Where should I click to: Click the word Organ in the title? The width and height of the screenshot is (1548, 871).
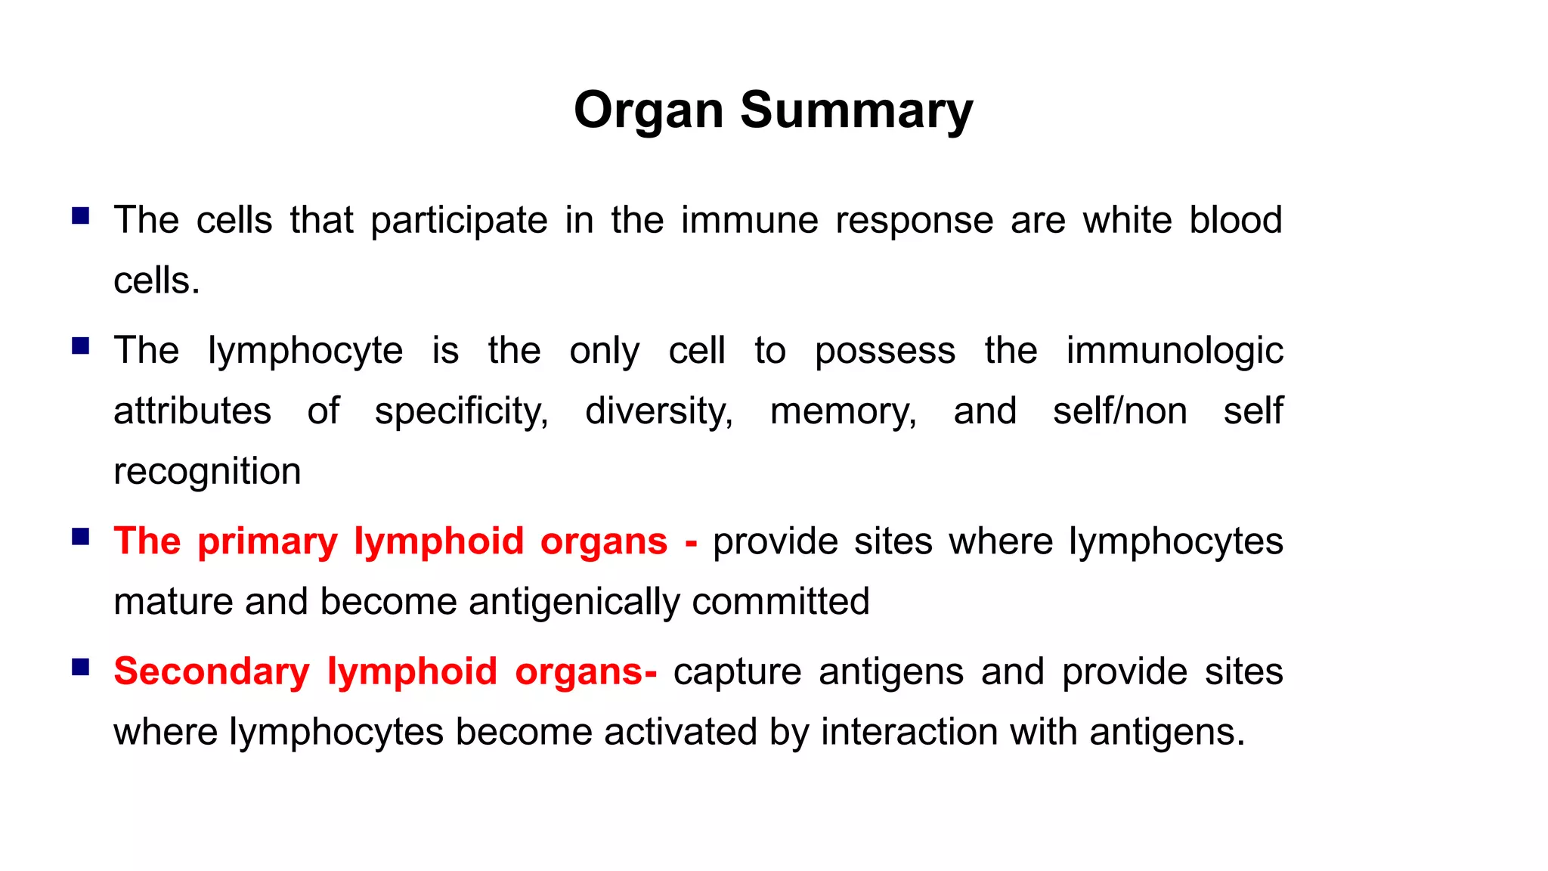(649, 110)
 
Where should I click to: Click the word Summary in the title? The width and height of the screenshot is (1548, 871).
(856, 110)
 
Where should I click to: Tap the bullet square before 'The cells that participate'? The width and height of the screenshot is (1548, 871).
(81, 217)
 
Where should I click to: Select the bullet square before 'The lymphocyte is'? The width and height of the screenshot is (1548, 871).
(81, 347)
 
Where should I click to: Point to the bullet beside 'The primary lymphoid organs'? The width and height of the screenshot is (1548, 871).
(81, 538)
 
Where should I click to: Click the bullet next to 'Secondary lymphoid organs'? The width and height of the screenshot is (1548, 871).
(81, 668)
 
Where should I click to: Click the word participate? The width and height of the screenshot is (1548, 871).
(459, 221)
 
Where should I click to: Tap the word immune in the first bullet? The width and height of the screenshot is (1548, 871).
(749, 221)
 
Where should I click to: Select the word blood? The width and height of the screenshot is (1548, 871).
(1236, 221)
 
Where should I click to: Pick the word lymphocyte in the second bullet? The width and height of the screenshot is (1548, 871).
(305, 351)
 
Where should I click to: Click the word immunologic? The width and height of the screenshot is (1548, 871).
(1175, 351)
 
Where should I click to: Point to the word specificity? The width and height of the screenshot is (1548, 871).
(462, 411)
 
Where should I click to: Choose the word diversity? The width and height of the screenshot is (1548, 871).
(659, 411)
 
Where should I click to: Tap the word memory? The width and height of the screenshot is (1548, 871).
(844, 411)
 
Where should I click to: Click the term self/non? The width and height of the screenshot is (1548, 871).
(1119, 411)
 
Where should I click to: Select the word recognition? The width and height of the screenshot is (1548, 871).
(207, 472)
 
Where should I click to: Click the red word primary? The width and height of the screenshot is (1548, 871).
(268, 541)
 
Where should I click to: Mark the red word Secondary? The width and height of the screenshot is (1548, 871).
(212, 671)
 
